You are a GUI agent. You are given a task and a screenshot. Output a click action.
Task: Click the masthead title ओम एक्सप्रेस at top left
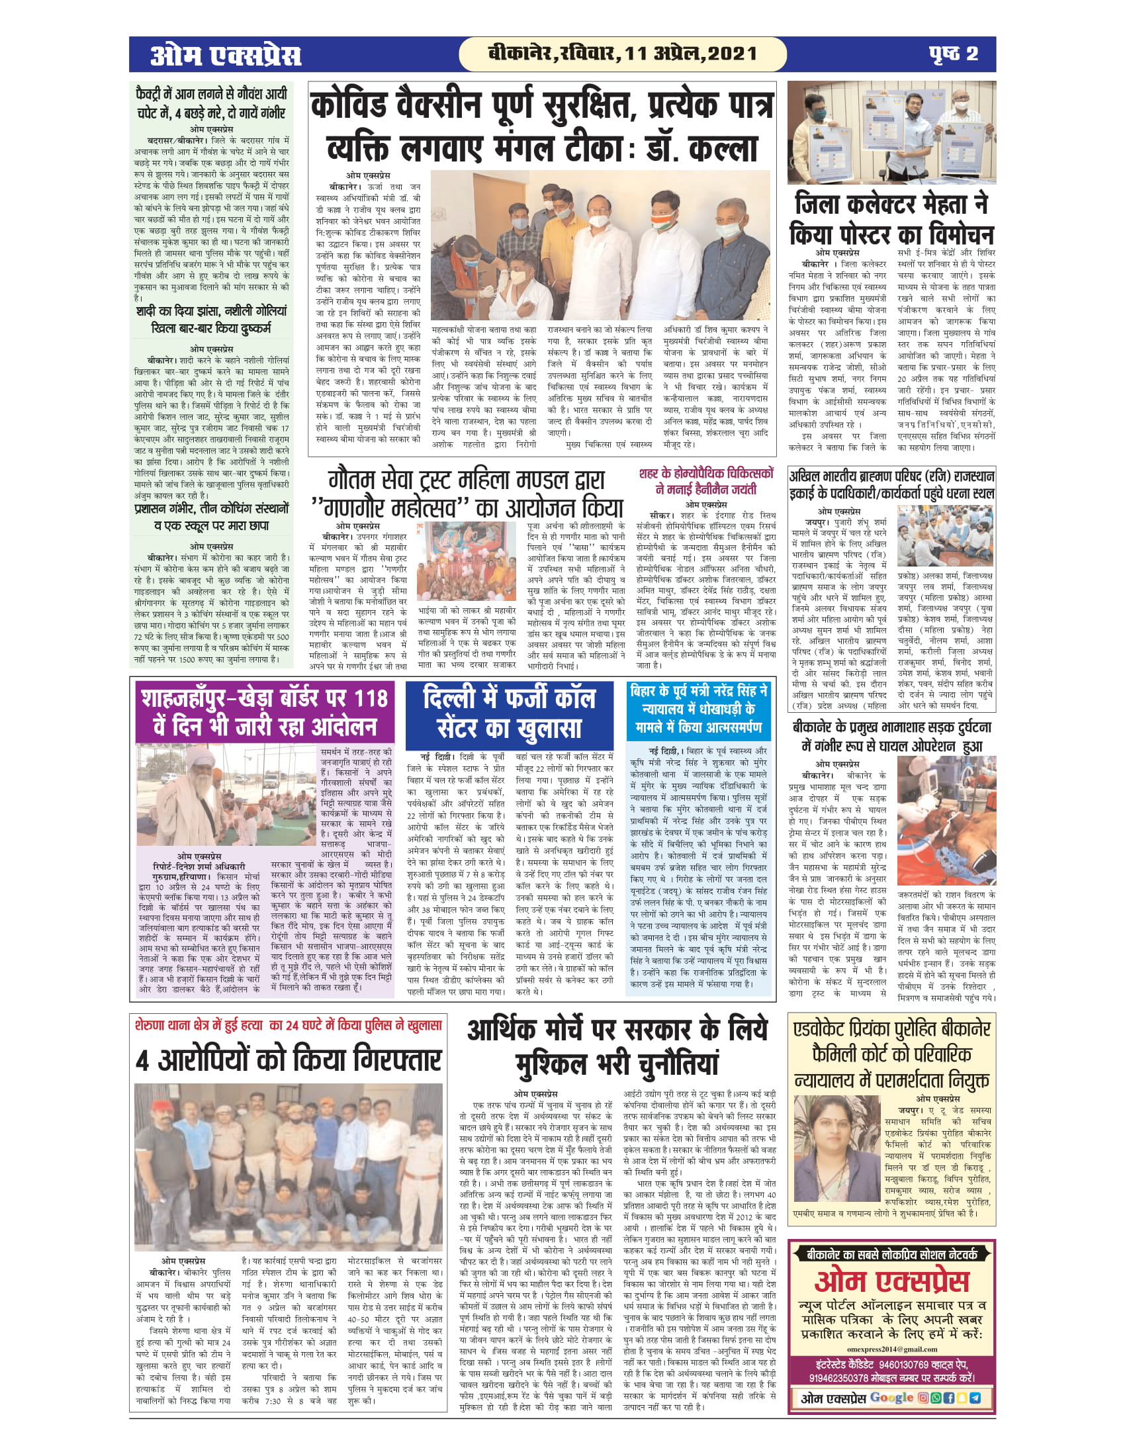point(225,55)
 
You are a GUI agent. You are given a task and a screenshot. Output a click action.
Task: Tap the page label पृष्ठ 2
point(953,54)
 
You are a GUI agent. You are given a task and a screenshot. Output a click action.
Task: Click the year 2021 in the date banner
point(732,54)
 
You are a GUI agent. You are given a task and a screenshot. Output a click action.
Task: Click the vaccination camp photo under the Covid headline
point(600,246)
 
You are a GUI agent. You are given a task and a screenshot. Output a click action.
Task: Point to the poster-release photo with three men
point(891,132)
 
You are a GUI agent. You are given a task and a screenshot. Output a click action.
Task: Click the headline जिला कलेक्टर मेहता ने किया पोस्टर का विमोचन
point(891,218)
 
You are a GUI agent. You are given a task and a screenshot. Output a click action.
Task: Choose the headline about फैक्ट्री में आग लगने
point(211,103)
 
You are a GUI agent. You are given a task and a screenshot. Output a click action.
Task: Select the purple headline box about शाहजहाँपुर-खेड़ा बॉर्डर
point(265,713)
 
